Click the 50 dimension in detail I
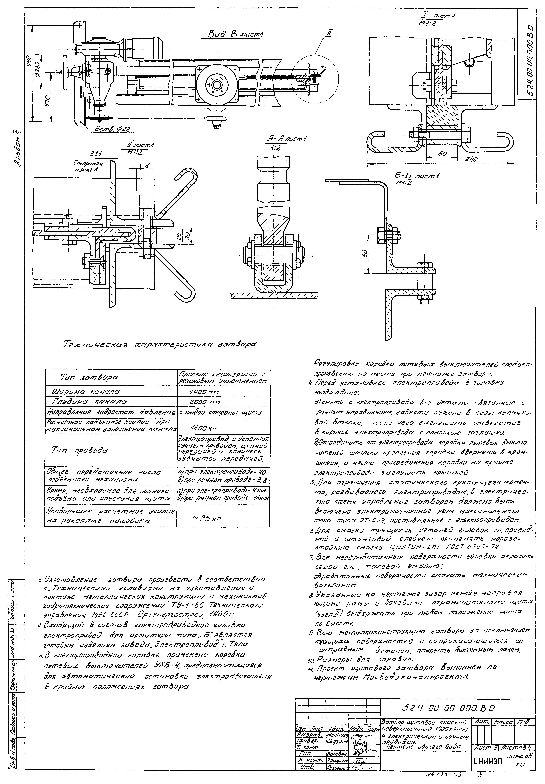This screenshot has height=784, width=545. click(442, 154)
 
